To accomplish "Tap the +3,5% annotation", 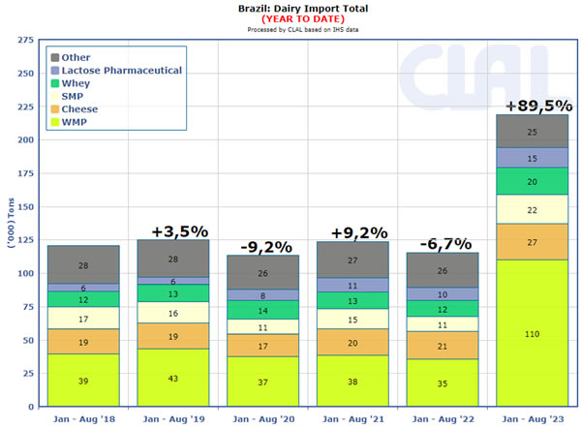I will [181, 231].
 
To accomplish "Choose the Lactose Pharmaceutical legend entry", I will [121, 71].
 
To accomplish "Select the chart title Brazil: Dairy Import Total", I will [290, 8].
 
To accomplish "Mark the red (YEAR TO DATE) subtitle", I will [290, 18].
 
